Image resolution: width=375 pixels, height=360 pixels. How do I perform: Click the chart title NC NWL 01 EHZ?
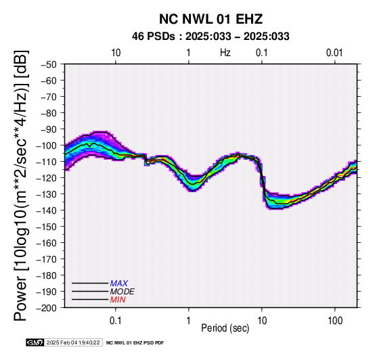coord(211,19)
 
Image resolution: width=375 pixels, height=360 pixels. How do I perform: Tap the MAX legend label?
coord(119,284)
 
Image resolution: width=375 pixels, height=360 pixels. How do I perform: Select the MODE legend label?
coord(123,292)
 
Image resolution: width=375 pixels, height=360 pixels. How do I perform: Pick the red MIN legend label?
coord(118,300)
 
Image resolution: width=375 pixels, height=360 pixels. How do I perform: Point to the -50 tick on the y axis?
coord(48,64)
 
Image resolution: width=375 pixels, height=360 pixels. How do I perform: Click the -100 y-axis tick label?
coord(46,145)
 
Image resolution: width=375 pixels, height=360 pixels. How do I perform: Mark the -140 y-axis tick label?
coord(46,210)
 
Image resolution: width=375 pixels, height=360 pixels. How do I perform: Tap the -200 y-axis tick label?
coord(46,308)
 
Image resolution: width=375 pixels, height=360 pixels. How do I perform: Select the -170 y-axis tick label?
coord(46,259)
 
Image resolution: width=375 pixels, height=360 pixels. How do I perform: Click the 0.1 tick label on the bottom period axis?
coord(116,321)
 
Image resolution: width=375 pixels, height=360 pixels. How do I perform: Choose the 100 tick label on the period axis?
coord(335,321)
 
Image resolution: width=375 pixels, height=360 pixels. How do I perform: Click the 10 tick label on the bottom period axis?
coord(262,321)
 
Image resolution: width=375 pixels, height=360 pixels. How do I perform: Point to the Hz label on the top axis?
coord(225,52)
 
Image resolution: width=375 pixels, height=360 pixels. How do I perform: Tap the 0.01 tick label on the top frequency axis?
coord(334,52)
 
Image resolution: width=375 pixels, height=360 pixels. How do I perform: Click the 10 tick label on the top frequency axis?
coord(116,52)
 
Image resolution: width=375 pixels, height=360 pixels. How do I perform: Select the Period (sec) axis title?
coord(225,328)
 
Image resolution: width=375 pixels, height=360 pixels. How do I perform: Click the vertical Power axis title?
coord(21,185)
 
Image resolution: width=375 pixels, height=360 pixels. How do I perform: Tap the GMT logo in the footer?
coord(35,342)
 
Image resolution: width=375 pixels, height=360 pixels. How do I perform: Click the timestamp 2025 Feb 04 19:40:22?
coord(73,342)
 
